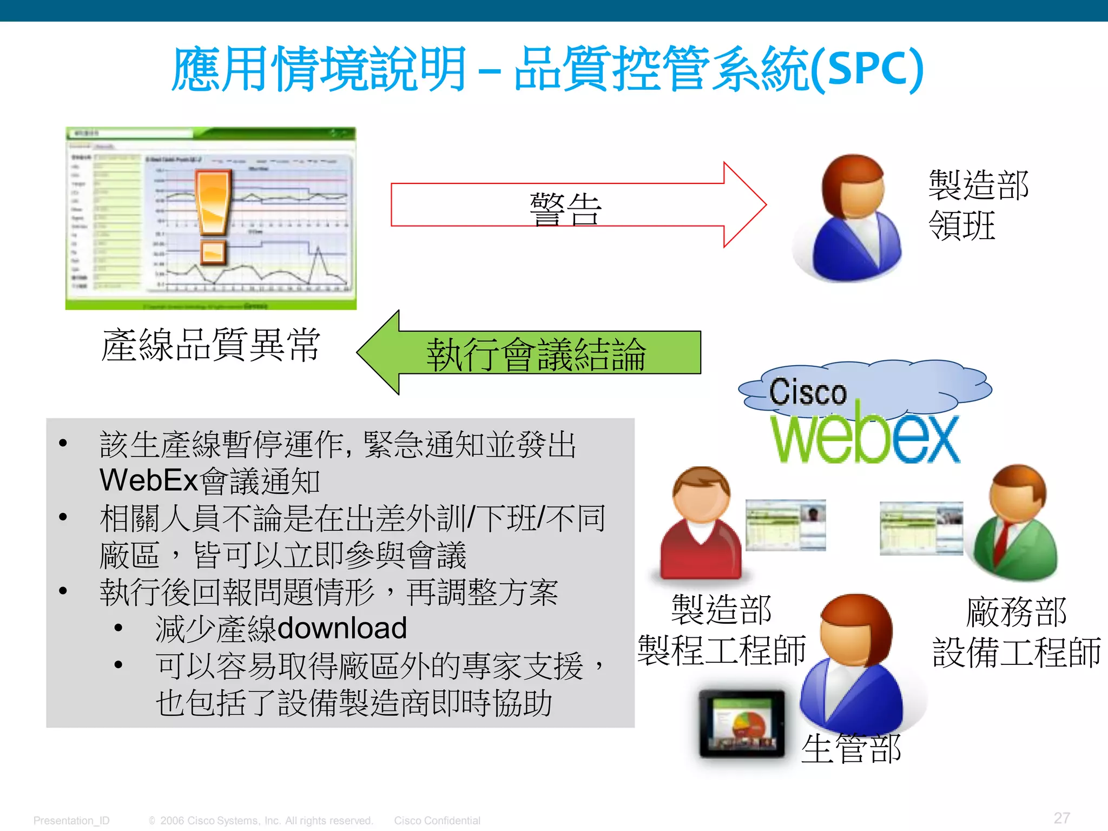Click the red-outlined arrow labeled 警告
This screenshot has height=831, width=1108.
pos(573,205)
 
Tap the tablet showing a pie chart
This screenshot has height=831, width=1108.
pos(742,723)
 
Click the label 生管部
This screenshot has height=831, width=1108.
pos(851,749)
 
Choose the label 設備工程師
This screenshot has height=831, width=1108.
pos(1016,651)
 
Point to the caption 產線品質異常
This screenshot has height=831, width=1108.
pos(211,345)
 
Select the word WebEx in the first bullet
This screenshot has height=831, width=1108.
pos(149,480)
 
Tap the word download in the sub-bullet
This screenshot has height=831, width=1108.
pos(342,628)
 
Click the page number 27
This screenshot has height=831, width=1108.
pos(1061,817)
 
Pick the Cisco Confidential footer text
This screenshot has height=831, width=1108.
pos(437,820)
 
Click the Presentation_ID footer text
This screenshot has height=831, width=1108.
pos(71,820)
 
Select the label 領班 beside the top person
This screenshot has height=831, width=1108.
pos(961,225)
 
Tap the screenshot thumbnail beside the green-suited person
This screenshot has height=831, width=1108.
pos(921,528)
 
